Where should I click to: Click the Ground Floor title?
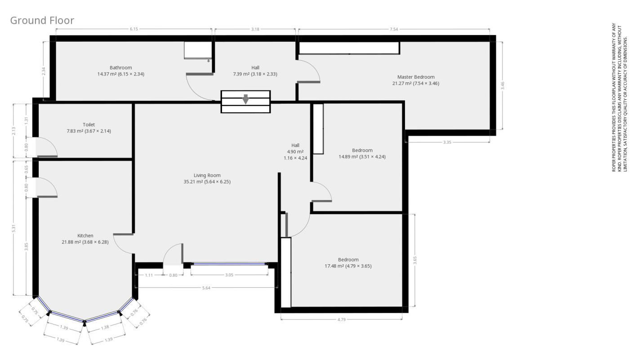(x=42, y=21)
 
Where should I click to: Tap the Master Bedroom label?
(x=416, y=77)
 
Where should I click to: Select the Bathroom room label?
(x=120, y=68)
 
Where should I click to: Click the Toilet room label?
(x=89, y=124)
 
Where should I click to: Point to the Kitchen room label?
(x=85, y=236)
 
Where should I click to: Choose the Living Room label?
(x=207, y=175)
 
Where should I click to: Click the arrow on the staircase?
(x=245, y=99)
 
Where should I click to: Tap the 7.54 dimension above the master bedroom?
(x=394, y=29)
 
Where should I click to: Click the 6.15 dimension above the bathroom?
(x=134, y=29)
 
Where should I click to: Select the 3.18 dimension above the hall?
(x=255, y=29)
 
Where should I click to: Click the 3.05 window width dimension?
(x=229, y=275)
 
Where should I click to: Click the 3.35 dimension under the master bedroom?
(x=447, y=142)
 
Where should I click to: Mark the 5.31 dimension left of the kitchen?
(x=14, y=228)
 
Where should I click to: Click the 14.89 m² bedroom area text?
(x=362, y=157)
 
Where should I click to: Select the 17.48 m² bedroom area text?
(x=348, y=266)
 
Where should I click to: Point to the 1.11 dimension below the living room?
(x=149, y=275)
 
